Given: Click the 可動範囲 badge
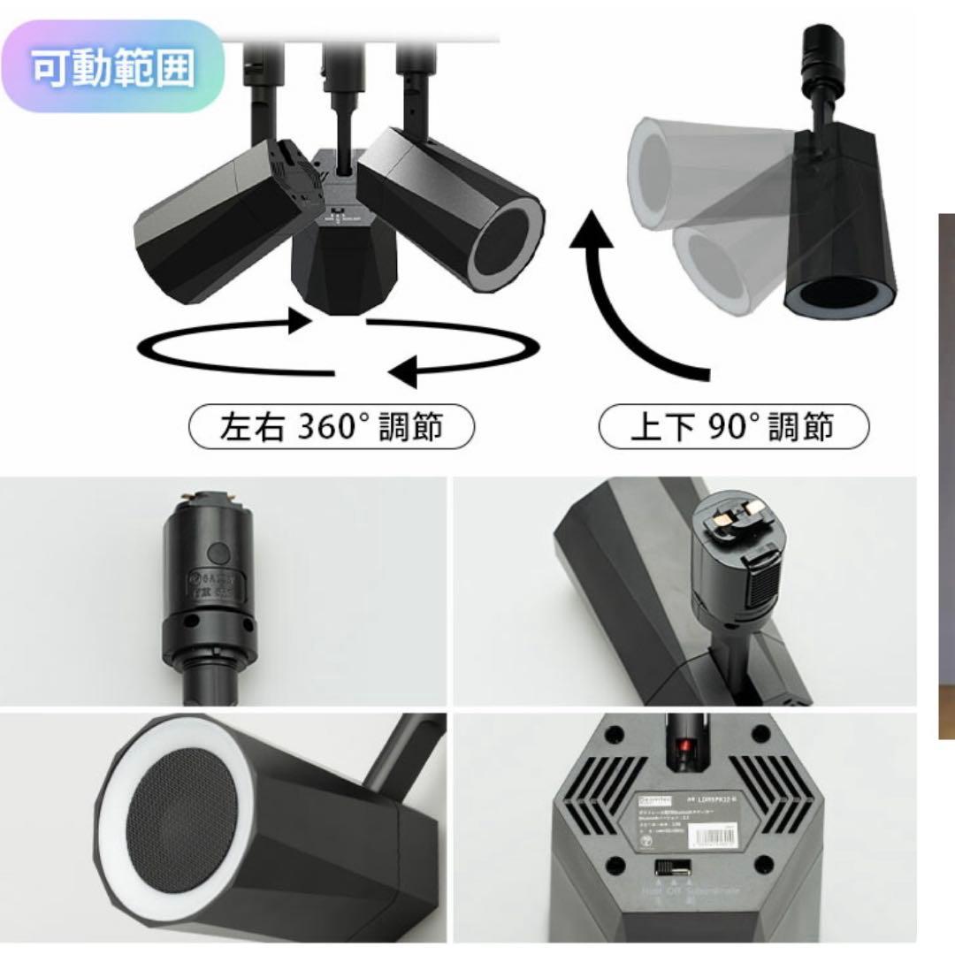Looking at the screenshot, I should pos(113,67).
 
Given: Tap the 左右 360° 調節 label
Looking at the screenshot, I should pos(332,427).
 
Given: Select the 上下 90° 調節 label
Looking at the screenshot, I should pos(733,427).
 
